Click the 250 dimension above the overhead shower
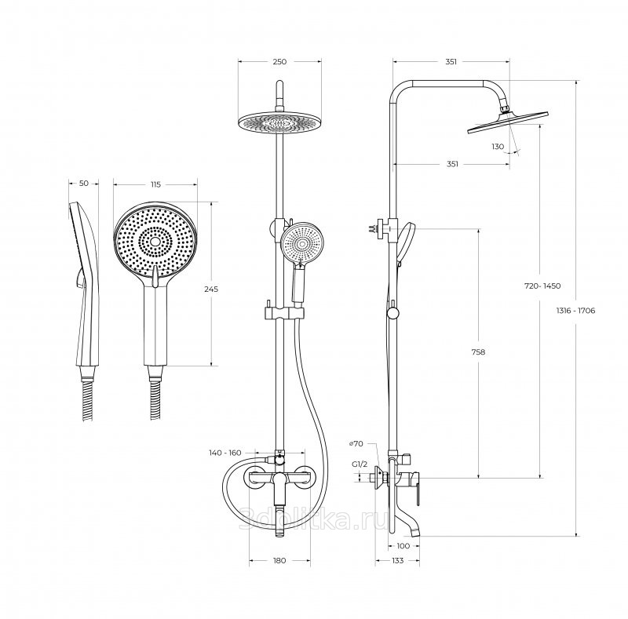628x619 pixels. [x=279, y=62]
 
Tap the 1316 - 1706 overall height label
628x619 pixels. [x=575, y=311]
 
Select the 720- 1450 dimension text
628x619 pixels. [x=542, y=286]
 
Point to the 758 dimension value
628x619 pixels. [x=478, y=352]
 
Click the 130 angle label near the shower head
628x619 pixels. [x=498, y=147]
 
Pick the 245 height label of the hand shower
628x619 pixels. [x=211, y=289]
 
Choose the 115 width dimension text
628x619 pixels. [x=155, y=184]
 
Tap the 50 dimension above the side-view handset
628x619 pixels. [x=84, y=184]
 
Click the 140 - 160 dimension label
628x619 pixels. [x=225, y=453]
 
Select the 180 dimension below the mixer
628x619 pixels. [x=279, y=560]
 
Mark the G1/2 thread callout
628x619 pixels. [x=360, y=464]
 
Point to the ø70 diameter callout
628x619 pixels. [x=356, y=443]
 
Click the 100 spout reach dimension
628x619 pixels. [x=403, y=546]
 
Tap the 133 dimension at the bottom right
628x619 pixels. [x=398, y=560]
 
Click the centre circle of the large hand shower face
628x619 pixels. [x=155, y=242]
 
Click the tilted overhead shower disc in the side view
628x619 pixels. [x=508, y=122]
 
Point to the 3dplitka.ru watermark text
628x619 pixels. [x=313, y=519]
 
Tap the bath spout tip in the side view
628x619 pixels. [x=415, y=532]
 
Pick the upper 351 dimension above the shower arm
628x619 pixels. [x=451, y=62]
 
